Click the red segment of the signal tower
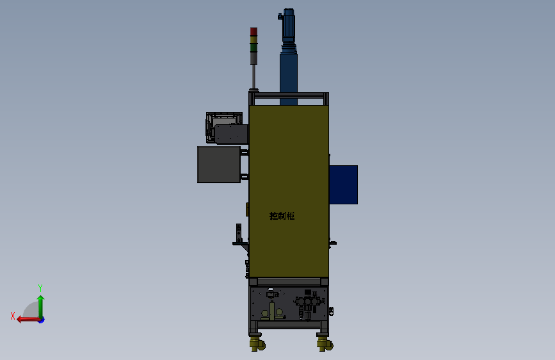pos(253,31)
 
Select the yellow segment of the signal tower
pos(253,40)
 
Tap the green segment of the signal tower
pos(253,48)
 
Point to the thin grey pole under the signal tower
pos(253,76)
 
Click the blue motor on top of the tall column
pos(288,25)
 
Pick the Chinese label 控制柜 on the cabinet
pos(282,216)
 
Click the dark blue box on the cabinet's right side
pos(343,184)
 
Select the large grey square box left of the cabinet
pos(219,165)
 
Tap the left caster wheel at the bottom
pos(257,344)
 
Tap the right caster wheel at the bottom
pos(325,344)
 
